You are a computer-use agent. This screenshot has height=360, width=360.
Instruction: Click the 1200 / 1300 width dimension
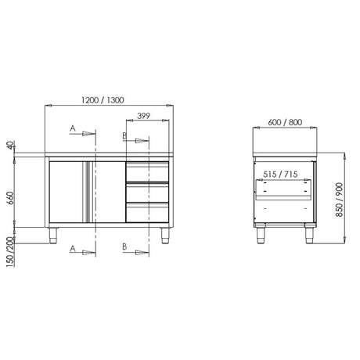(103, 100)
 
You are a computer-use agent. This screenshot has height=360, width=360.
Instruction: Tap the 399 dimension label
(144, 116)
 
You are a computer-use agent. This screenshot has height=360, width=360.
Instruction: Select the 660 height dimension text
(9, 198)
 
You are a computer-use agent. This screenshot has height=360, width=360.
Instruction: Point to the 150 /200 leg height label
(10, 252)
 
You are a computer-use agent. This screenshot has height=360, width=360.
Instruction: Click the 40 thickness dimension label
(9, 145)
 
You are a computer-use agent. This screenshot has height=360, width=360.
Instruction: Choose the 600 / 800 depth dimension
(285, 122)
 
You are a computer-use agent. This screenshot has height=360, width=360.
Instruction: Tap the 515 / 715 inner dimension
(280, 175)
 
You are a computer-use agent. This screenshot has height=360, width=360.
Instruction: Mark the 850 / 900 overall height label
(340, 200)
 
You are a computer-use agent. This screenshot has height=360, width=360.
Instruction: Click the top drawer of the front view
(147, 171)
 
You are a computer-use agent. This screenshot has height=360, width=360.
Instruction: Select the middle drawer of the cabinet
(147, 193)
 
